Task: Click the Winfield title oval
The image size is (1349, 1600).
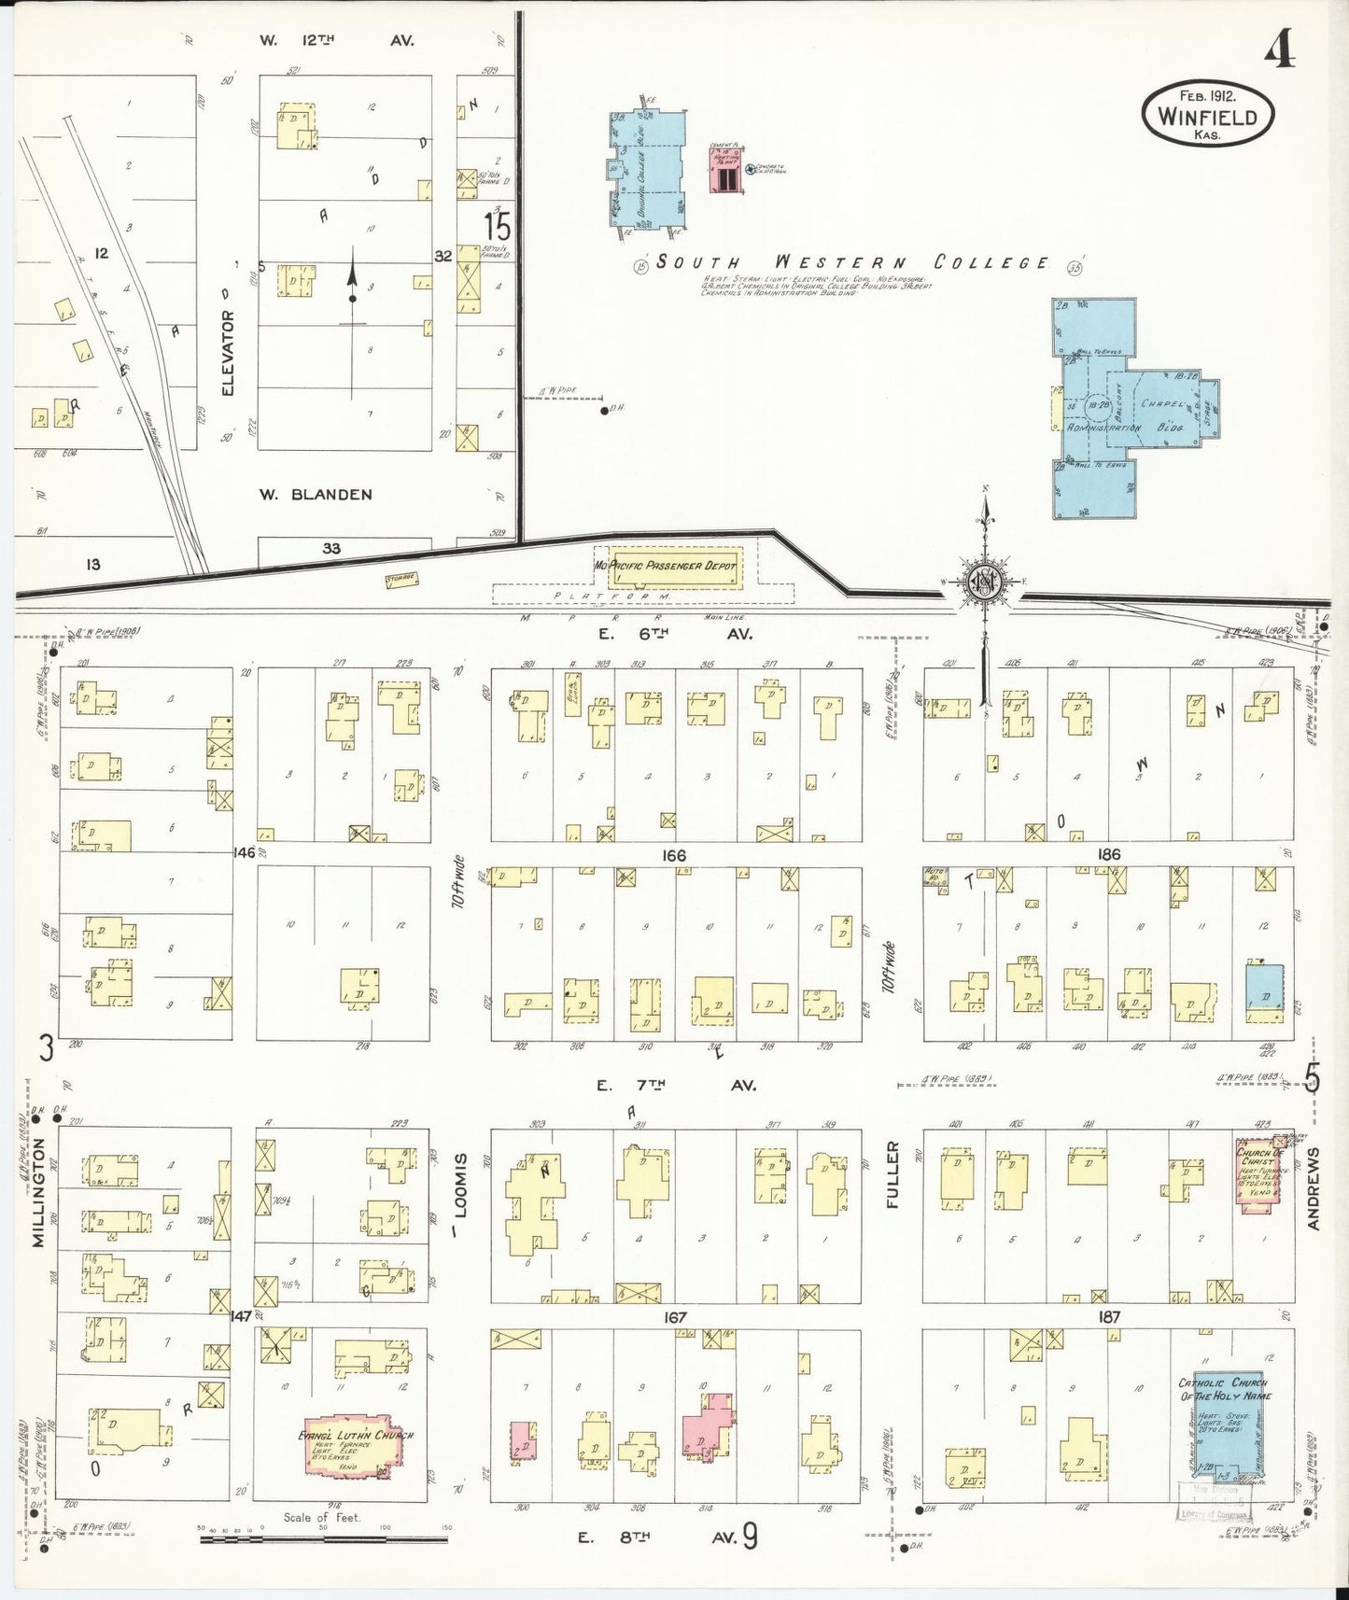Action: click(x=1207, y=113)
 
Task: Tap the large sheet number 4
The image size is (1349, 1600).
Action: click(x=1280, y=53)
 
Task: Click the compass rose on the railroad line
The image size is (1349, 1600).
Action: click(x=984, y=584)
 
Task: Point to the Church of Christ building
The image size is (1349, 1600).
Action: click(x=1258, y=1175)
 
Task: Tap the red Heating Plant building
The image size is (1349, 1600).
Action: click(x=726, y=170)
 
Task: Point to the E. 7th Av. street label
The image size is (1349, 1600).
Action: click(x=676, y=1085)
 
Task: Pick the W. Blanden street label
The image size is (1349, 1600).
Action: click(x=316, y=495)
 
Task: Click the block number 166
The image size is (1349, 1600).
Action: click(x=673, y=855)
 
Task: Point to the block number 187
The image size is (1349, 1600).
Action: click(x=1109, y=1316)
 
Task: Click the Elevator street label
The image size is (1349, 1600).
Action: click(x=229, y=354)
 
